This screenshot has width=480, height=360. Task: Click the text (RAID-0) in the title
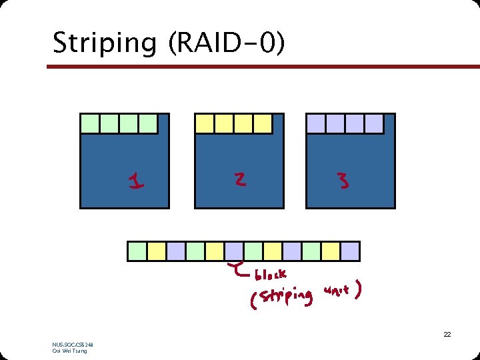pyautogui.click(x=227, y=44)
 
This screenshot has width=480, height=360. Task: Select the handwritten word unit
pyautogui.click(x=338, y=291)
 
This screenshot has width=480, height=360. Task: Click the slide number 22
pyautogui.click(x=447, y=334)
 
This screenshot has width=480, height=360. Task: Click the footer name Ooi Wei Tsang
pyautogui.click(x=69, y=351)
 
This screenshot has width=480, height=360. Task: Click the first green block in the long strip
pyautogui.click(x=137, y=251)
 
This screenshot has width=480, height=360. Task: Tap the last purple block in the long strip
pyautogui.click(x=350, y=251)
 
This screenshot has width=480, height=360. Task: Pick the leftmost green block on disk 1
pyautogui.click(x=90, y=123)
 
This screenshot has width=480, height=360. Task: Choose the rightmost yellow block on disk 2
pyautogui.click(x=263, y=123)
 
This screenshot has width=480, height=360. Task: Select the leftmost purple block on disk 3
pyautogui.click(x=316, y=123)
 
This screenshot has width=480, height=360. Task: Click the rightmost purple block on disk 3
pyautogui.click(x=375, y=123)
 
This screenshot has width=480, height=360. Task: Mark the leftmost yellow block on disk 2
pyautogui.click(x=205, y=123)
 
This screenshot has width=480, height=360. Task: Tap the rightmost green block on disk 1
pyautogui.click(x=149, y=123)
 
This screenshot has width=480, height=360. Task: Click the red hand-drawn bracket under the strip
pyautogui.click(x=237, y=269)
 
